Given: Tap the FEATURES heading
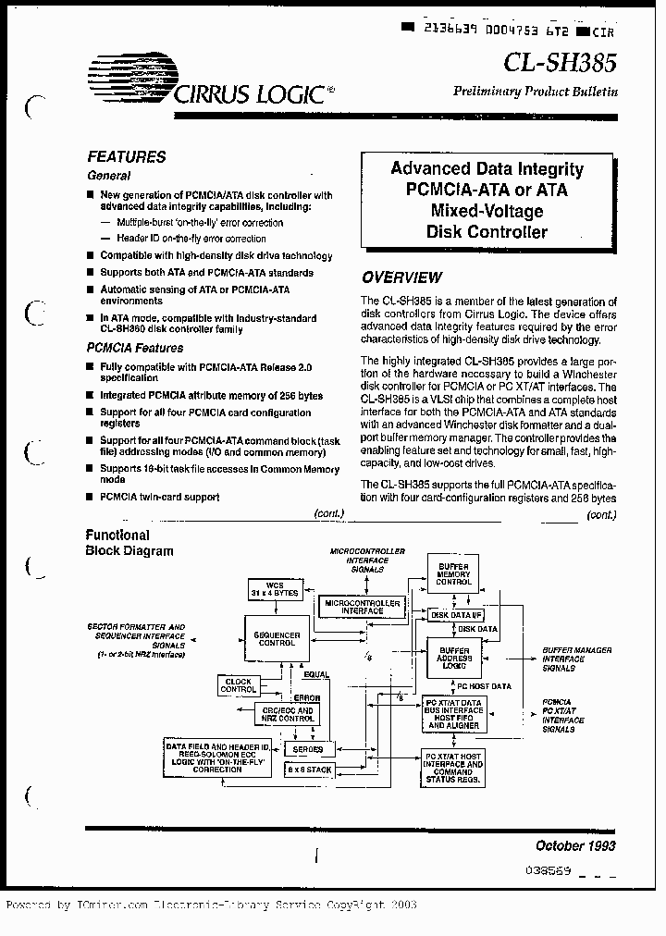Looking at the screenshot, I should [127, 157].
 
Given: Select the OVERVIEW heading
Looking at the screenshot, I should [401, 277].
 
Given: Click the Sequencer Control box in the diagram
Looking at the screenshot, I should [275, 639].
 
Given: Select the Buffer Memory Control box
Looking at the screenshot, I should [454, 575].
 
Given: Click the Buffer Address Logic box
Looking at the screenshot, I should [454, 657].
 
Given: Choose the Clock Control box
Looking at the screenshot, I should [238, 685].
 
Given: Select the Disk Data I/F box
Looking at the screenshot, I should [455, 614].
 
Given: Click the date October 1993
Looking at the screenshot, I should [575, 845].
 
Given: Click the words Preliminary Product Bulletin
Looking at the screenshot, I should [535, 92].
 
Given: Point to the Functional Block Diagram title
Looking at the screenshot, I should [129, 543].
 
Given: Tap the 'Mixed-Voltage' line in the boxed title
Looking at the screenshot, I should [487, 211].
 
